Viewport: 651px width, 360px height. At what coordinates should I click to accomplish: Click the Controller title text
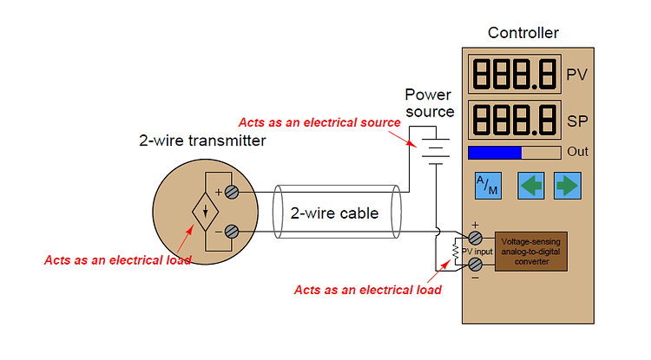(523, 34)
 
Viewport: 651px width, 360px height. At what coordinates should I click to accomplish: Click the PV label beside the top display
(576, 75)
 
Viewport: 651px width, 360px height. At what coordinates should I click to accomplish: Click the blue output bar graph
(495, 153)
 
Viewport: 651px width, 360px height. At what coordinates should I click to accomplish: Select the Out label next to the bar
(577, 152)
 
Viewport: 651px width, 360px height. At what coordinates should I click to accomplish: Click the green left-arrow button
(529, 186)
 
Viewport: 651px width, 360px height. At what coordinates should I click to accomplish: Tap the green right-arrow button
(566, 186)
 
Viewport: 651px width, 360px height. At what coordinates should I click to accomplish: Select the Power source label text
(431, 103)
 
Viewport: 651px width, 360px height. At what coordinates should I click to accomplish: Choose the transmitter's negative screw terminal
(233, 232)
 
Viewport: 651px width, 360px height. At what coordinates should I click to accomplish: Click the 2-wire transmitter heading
(202, 141)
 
